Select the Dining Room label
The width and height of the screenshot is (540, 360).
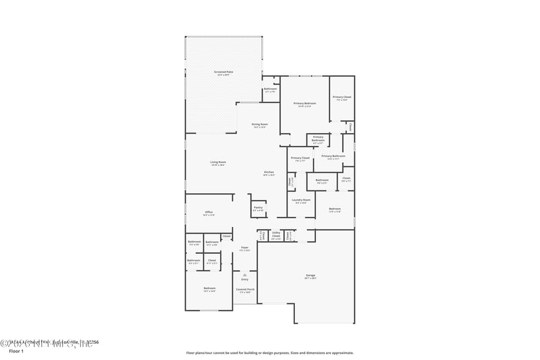pos(260,125)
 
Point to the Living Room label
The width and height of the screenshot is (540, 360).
pos(217,163)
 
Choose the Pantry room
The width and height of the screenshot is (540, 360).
pos(258,209)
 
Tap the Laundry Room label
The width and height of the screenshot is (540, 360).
pos(301,201)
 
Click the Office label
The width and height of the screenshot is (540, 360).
pos(209,213)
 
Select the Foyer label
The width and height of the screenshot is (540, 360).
pos(245,249)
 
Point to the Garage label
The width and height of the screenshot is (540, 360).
pos(310,276)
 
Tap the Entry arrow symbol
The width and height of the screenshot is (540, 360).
pos(244,274)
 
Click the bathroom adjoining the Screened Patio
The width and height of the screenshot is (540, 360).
pos(271,90)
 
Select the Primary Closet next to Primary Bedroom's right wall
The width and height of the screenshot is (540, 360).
pos(342,99)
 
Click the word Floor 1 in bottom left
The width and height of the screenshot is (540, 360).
pos(16,351)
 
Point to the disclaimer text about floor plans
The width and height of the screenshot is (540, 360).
pos(269,353)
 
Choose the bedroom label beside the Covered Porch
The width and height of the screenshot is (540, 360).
pos(209,289)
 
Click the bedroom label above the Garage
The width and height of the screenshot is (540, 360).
pos(335,210)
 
